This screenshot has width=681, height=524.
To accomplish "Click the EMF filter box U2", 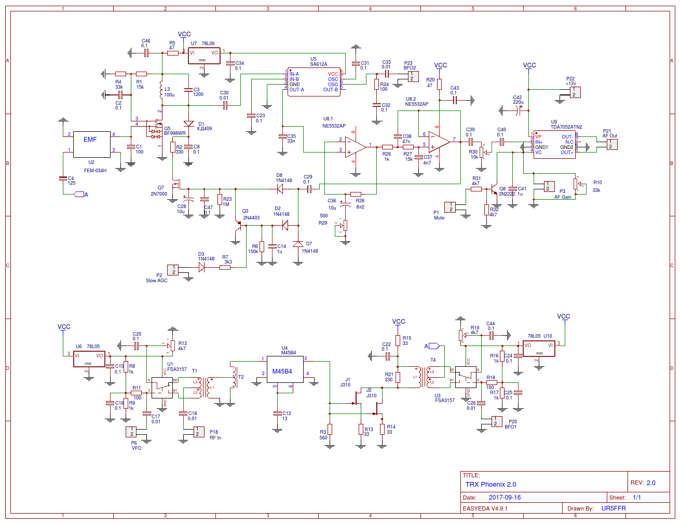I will [x=92, y=144].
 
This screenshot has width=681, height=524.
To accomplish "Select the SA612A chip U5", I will [x=314, y=82].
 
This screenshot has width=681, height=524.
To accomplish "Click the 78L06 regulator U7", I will [x=204, y=56].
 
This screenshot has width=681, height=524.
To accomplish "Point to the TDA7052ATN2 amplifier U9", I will [x=554, y=145].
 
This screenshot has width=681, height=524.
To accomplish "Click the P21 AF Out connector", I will [x=612, y=144].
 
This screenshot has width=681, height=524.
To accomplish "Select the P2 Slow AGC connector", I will [x=173, y=270].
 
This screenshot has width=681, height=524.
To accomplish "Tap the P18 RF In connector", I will [x=199, y=432].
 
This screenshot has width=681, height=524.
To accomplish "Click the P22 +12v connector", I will [x=575, y=92].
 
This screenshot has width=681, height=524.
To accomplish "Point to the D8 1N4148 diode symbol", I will [x=280, y=189].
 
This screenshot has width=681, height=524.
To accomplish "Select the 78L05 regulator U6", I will [x=89, y=359].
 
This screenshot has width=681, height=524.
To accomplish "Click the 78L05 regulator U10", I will [x=539, y=349].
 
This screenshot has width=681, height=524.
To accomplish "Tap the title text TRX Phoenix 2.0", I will [x=491, y=485].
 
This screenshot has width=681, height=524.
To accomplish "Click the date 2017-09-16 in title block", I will [x=505, y=498].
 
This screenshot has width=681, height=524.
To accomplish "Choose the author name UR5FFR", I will [x=614, y=508].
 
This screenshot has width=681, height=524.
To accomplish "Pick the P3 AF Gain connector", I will [x=548, y=186].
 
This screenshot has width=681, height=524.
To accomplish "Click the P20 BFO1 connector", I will [x=497, y=421].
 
